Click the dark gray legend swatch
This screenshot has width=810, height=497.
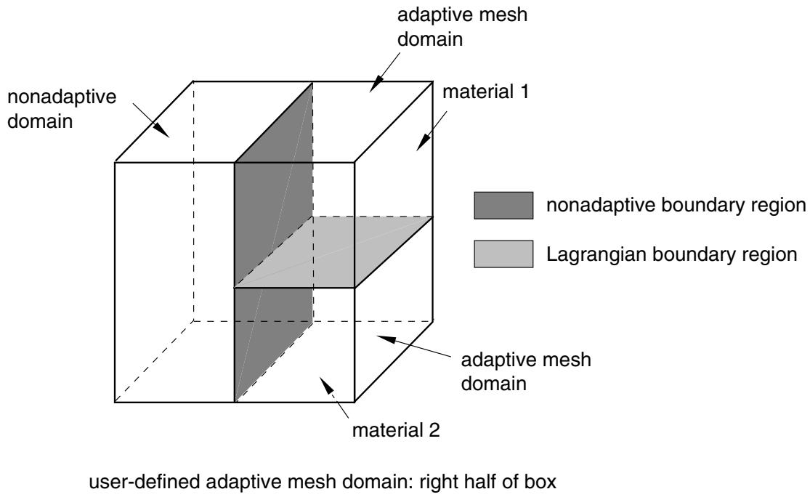(503, 205)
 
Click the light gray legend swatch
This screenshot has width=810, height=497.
(503, 254)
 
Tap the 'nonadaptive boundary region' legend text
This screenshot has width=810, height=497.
(676, 206)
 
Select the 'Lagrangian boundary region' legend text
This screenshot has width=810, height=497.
(671, 254)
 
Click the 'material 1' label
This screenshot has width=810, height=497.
(485, 92)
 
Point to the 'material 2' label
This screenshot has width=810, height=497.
(396, 430)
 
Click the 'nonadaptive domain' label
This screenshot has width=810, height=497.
(62, 109)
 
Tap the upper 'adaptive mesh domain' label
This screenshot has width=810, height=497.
(462, 27)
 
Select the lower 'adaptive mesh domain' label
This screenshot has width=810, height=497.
(526, 371)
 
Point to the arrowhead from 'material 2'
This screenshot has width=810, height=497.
(325, 384)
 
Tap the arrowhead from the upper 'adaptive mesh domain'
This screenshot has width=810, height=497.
(376, 86)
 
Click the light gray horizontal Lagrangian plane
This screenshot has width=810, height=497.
(333, 251)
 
